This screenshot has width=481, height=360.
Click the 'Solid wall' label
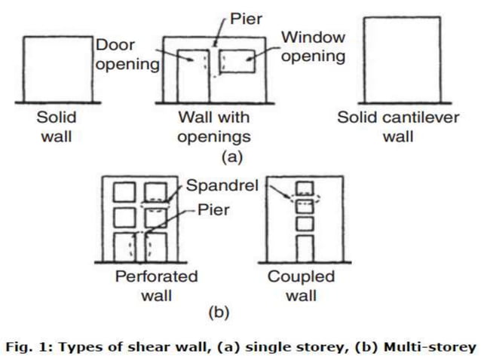pyautogui.click(x=57, y=127)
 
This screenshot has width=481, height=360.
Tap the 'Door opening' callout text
pyautogui.click(x=127, y=54)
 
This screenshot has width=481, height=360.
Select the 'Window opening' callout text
pyautogui.click(x=313, y=46)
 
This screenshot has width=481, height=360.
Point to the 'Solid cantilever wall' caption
pyautogui.click(x=398, y=127)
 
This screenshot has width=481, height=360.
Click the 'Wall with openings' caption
pyautogui.click(x=214, y=127)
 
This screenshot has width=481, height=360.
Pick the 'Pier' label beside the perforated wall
pyautogui.click(x=213, y=210)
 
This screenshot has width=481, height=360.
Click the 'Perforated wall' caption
pyautogui.click(x=156, y=285)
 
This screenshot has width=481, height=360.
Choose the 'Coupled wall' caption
pyautogui.click(x=301, y=285)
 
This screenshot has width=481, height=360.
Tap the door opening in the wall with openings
pyautogui.click(x=194, y=75)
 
